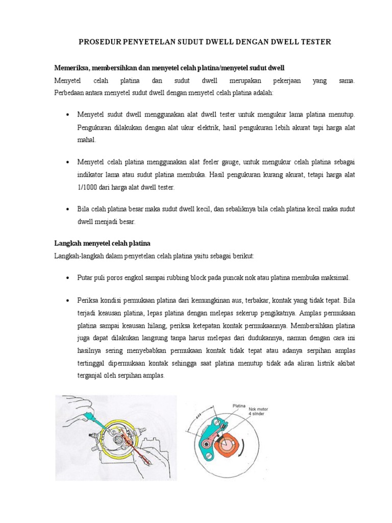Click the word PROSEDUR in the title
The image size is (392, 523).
[x=98, y=42]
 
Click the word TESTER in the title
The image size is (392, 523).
[x=313, y=42]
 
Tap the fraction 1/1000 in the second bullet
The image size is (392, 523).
[x=89, y=187]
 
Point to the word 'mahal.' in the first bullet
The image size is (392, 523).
[x=87, y=139]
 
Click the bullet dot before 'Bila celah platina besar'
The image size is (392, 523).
[x=67, y=209]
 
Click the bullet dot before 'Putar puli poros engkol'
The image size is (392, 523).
[x=67, y=277]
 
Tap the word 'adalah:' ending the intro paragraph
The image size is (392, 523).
[x=261, y=93]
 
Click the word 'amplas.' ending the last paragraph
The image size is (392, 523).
[x=153, y=375]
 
